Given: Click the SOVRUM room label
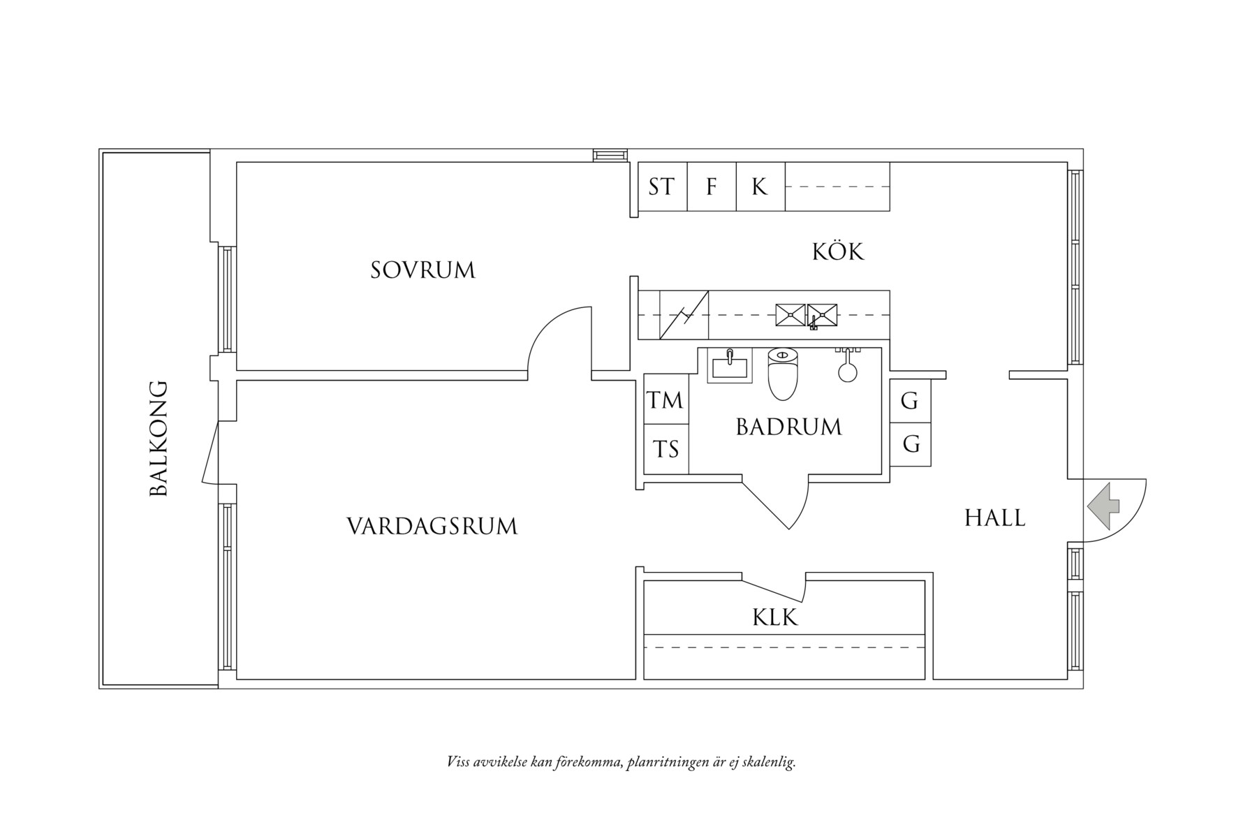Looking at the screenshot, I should pyautogui.click(x=422, y=270).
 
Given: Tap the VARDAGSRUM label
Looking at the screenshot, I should pyautogui.click(x=432, y=526).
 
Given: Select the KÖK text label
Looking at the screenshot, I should pyautogui.click(x=837, y=252).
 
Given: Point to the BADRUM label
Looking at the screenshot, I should pyautogui.click(x=788, y=427).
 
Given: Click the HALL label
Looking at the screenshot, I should pyautogui.click(x=994, y=518).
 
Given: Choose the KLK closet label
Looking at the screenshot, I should pyautogui.click(x=775, y=617).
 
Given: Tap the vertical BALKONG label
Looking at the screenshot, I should pyautogui.click(x=159, y=438).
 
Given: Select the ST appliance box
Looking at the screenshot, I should pyautogui.click(x=662, y=186).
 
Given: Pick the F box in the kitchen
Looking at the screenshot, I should pyautogui.click(x=712, y=186).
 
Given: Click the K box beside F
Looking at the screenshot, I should pyautogui.click(x=760, y=186).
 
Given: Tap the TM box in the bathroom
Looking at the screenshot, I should pyautogui.click(x=665, y=400).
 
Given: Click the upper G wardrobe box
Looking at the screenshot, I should pyautogui.click(x=909, y=401).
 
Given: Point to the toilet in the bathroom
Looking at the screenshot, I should pyautogui.click(x=782, y=375).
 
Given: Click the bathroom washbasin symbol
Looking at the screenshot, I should pyautogui.click(x=730, y=365).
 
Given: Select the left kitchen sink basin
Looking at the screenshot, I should pyautogui.click(x=790, y=315).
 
